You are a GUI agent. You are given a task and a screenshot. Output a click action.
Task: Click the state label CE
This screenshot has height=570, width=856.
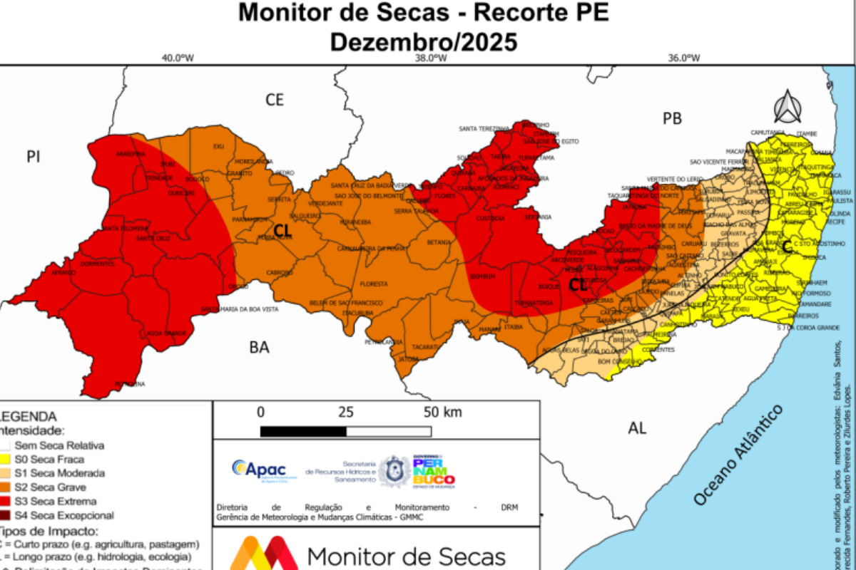coord(275,100)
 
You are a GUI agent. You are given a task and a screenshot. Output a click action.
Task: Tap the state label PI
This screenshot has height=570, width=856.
coord(33,157)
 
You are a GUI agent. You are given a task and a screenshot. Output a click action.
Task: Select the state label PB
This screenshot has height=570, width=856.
coord(672,118)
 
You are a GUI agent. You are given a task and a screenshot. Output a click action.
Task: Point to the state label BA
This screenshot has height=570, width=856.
coord(259,348)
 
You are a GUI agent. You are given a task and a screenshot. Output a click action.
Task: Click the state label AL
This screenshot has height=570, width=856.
coord(637,427)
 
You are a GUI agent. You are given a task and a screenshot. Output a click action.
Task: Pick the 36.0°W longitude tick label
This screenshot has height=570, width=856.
coord(683,59)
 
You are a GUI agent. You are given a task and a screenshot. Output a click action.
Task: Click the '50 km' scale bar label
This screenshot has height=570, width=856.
coord(442,412)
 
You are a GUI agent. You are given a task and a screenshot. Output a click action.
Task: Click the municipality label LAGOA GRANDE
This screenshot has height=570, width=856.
coord(160,333)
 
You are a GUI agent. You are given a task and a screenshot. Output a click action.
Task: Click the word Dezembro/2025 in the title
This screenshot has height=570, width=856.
coord(423,41)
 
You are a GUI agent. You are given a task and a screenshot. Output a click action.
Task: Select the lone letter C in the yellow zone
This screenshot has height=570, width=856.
coord(786,247)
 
